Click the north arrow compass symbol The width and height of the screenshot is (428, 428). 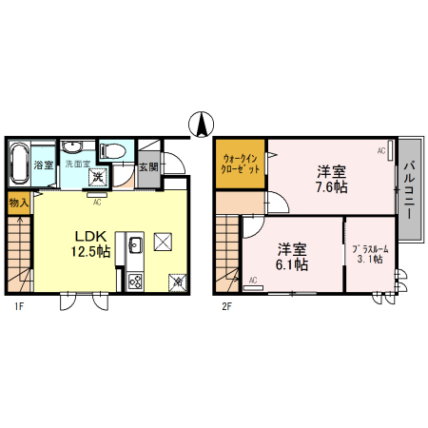tap(202, 124)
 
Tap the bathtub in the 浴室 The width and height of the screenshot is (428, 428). tap(19, 165)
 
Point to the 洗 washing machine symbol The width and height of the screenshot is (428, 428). tap(97, 176)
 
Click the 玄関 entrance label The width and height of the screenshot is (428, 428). tap(147, 167)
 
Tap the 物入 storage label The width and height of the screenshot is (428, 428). tap(18, 202)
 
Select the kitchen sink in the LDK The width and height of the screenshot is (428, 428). tap(133, 244)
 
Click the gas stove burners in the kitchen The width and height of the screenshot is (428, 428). tap(134, 281)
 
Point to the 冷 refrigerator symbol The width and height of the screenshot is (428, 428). tap(178, 282)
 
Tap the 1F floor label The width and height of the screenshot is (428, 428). tap(18, 306)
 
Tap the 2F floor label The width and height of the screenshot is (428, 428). tap(226, 306)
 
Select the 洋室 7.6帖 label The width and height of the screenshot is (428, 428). tap(331, 179)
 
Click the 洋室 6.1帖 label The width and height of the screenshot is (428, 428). tap(292, 257)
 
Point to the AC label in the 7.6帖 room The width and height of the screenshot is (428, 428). tap(381, 150)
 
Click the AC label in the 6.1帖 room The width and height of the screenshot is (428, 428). tap(253, 280)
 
